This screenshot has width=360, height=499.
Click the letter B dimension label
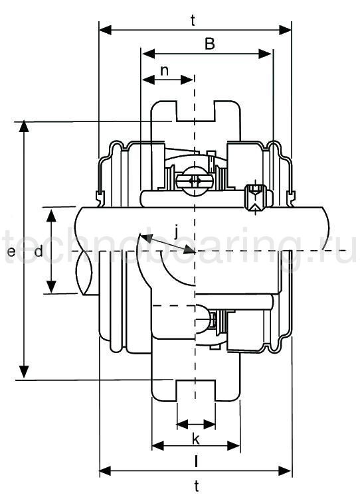pyautogui.click(x=210, y=44)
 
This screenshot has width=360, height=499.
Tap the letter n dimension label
pyautogui.click(x=164, y=70)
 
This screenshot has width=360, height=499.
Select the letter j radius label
pyautogui.click(x=176, y=232)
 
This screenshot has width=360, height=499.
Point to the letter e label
pyautogui.click(x=11, y=252)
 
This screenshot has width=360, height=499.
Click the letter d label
pyautogui.click(x=39, y=251)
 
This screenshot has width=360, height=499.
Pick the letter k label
pyautogui.click(x=196, y=439)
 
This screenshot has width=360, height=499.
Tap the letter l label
pyautogui.click(x=196, y=461)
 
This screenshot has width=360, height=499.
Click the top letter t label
pyautogui.click(x=193, y=21)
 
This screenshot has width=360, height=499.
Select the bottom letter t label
pyautogui.click(x=197, y=486)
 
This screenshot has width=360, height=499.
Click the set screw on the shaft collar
pyautogui.click(x=254, y=198)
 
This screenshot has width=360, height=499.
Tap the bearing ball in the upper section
pyautogui.click(x=194, y=181)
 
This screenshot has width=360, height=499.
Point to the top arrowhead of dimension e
pyautogui.click(x=24, y=126)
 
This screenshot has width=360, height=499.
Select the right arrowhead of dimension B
pyautogui.click(x=265, y=54)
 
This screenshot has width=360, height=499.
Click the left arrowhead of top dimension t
pyautogui.click(x=105, y=31)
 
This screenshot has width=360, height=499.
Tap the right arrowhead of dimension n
pyautogui.click(x=187, y=80)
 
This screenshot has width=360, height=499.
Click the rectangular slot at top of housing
pyautogui.click(x=196, y=111)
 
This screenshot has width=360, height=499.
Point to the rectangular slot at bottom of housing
pyautogui.click(x=196, y=390)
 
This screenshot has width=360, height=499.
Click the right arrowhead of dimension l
pyautogui.click(x=234, y=446)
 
